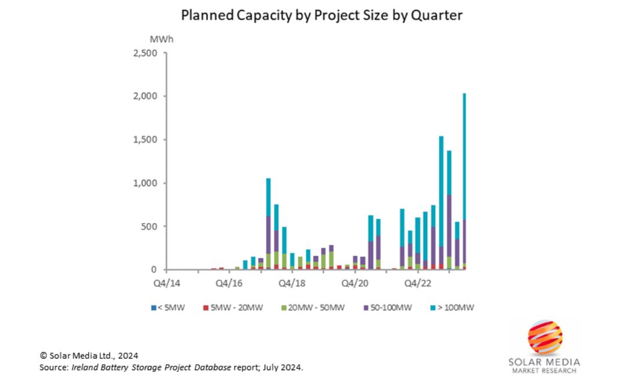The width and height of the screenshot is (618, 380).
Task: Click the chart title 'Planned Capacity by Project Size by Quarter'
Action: click(x=321, y=15)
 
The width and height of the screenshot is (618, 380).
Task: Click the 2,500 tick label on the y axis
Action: click(x=146, y=53)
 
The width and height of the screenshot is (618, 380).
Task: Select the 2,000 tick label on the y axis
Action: click(x=146, y=96)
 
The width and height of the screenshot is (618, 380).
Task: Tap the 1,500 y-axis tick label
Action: click(x=146, y=140)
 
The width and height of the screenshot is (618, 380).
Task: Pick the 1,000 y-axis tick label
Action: click(x=146, y=183)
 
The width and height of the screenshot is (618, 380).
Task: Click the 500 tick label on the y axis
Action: click(x=150, y=226)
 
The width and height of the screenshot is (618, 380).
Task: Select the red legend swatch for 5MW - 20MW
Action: click(x=205, y=308)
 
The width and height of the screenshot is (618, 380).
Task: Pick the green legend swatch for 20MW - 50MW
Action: click(x=283, y=308)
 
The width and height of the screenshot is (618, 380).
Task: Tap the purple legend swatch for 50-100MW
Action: click(x=366, y=308)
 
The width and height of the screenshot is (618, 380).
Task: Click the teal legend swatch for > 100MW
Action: click(x=434, y=308)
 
